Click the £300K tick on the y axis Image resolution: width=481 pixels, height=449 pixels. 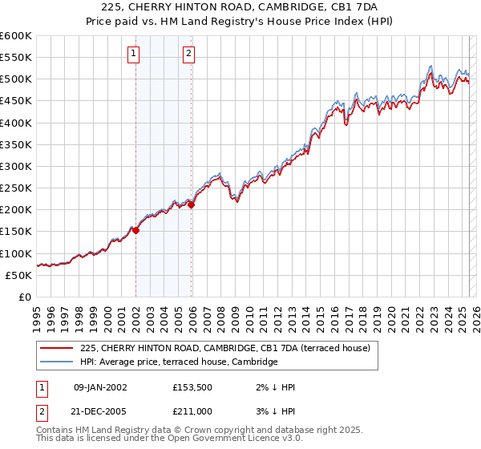point(15,167)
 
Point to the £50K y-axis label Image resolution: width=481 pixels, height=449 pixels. point(18,275)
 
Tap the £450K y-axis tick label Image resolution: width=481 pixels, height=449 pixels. point(15,101)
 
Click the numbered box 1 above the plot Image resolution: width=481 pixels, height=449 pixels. point(133,55)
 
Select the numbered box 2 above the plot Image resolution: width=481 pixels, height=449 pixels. point(188,55)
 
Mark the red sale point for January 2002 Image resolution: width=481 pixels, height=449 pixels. point(135,230)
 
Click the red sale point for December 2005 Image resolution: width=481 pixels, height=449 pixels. point(192,205)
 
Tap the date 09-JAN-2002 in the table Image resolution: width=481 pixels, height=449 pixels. point(100,387)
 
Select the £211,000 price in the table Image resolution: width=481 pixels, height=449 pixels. point(192,411)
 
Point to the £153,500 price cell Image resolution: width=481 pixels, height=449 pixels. point(192,387)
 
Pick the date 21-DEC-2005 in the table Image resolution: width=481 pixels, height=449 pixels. point(100,411)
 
